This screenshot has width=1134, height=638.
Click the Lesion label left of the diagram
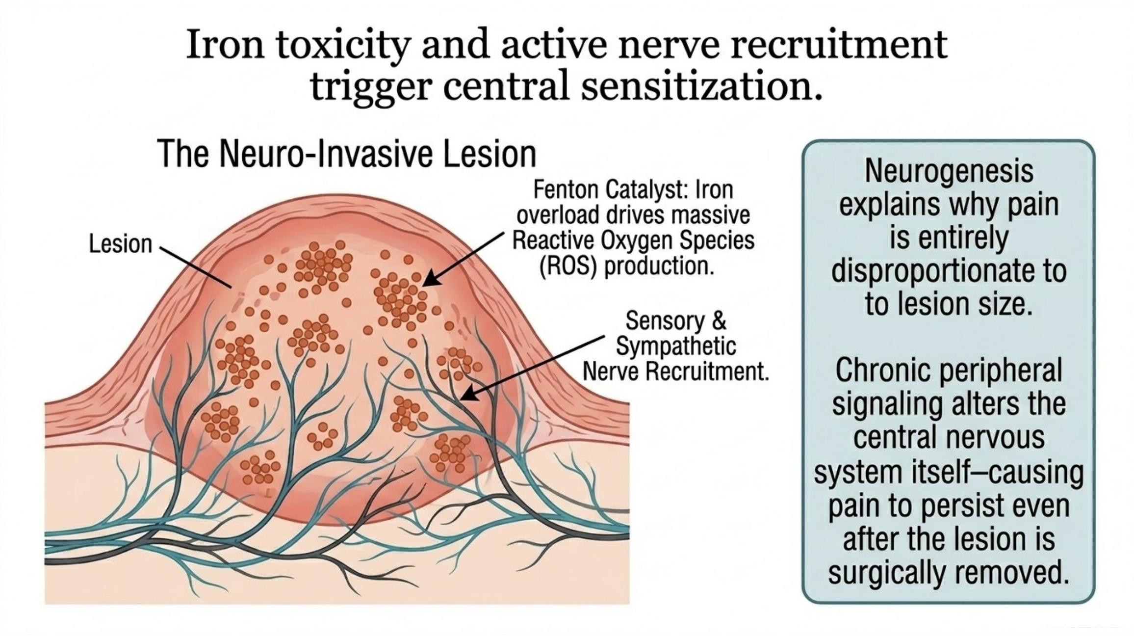(121, 244)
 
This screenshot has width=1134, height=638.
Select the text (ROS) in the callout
(568, 266)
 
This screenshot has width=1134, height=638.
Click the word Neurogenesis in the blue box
(949, 171)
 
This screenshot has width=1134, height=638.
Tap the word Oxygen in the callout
(635, 241)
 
